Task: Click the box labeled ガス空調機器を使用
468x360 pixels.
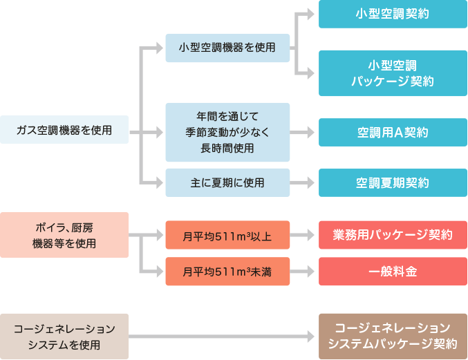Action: (x=64, y=130)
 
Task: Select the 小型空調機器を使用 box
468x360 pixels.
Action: (x=227, y=48)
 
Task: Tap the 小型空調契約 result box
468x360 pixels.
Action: (x=393, y=14)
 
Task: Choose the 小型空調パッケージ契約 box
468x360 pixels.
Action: (x=393, y=73)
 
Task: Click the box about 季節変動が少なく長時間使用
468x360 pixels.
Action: (x=227, y=132)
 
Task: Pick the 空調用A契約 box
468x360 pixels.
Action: (x=393, y=132)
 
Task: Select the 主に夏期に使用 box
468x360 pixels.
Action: (x=227, y=182)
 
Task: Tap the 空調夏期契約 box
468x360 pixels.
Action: (x=393, y=182)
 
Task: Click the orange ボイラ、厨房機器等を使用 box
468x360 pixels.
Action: (x=64, y=235)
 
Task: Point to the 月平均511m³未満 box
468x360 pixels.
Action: (x=227, y=272)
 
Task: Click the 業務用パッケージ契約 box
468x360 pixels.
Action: (x=393, y=236)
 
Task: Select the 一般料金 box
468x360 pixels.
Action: (x=393, y=272)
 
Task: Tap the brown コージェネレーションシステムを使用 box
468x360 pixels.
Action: (x=64, y=336)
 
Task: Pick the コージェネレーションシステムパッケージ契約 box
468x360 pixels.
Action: (x=393, y=336)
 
